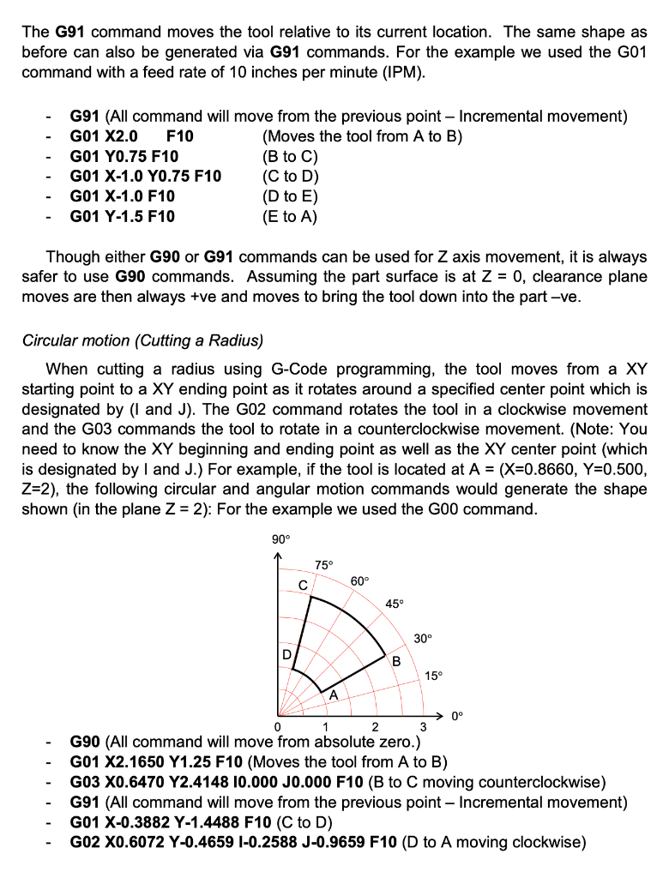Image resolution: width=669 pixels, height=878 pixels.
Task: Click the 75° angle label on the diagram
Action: (324, 565)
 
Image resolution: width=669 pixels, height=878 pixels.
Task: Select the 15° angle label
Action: (434, 676)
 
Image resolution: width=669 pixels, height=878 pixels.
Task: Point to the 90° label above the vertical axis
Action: (281, 539)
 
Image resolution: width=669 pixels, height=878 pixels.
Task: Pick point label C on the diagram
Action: (302, 584)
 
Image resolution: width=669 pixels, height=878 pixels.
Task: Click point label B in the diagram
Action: (396, 660)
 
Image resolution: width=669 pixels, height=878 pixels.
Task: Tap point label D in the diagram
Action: (287, 655)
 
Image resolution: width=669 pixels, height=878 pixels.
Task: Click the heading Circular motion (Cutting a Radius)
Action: (142, 340)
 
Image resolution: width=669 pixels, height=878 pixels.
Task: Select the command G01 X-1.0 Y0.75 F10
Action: (145, 177)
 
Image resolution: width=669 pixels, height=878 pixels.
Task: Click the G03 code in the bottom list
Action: (86, 782)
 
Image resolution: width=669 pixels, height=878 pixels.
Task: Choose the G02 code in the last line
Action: (86, 843)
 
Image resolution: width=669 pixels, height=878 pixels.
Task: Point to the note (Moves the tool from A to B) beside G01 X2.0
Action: (363, 136)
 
